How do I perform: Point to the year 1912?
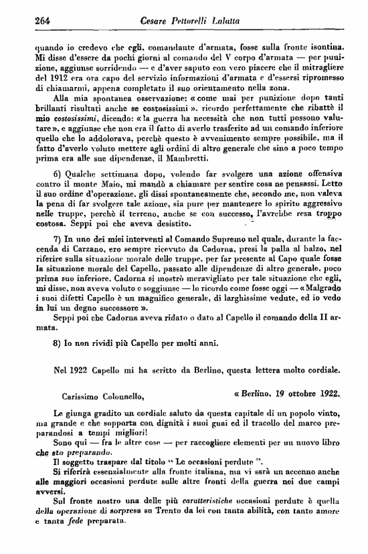(x=48, y=80)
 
